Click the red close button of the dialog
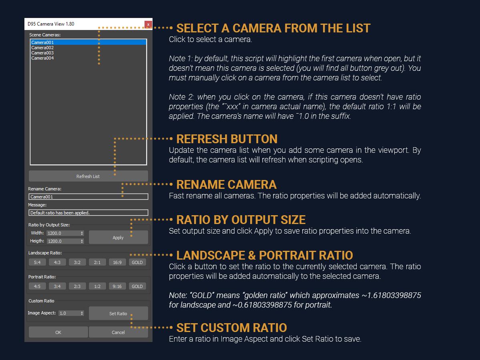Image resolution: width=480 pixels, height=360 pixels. (148, 24)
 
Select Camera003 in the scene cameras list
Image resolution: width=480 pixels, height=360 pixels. (42, 53)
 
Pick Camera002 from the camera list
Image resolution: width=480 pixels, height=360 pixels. (42, 48)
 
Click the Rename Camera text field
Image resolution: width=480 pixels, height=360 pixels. (88, 197)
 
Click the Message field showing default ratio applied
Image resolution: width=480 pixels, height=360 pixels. (88, 212)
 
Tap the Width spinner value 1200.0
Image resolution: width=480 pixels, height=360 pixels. (65, 233)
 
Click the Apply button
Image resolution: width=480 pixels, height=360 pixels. (118, 237)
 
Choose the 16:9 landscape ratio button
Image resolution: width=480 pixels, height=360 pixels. (117, 262)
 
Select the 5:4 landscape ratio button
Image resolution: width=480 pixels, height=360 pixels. (37, 262)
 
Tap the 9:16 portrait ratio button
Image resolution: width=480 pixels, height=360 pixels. (117, 286)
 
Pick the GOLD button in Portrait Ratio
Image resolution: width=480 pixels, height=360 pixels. (137, 286)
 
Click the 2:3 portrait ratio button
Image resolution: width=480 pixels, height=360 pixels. (77, 286)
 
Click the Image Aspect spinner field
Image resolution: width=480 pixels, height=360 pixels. (71, 313)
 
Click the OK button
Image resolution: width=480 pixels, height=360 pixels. (58, 332)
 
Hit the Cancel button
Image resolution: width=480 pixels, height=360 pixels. (118, 332)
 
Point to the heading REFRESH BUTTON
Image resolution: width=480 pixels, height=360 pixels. (227, 139)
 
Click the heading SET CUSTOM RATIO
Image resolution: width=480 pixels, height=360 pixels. (231, 328)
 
